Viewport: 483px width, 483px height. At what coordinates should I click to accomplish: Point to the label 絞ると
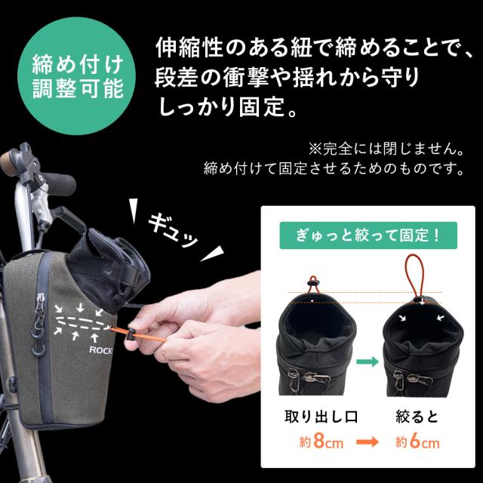click(x=417, y=415)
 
